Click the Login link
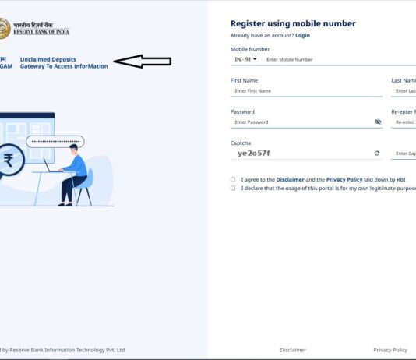(x=302, y=35)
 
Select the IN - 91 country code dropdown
(x=245, y=59)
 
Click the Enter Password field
(x=300, y=122)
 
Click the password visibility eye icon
(x=377, y=122)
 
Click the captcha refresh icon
(x=376, y=154)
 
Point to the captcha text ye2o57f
(x=254, y=154)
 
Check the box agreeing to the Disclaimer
(x=233, y=179)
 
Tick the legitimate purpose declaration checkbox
(x=233, y=188)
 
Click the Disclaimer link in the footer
(x=293, y=350)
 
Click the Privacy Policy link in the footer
(x=390, y=350)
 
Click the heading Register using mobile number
(x=293, y=23)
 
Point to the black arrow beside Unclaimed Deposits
(x=143, y=62)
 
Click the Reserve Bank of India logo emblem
(x=5, y=29)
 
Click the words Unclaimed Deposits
(x=48, y=59)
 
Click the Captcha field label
(x=241, y=143)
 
